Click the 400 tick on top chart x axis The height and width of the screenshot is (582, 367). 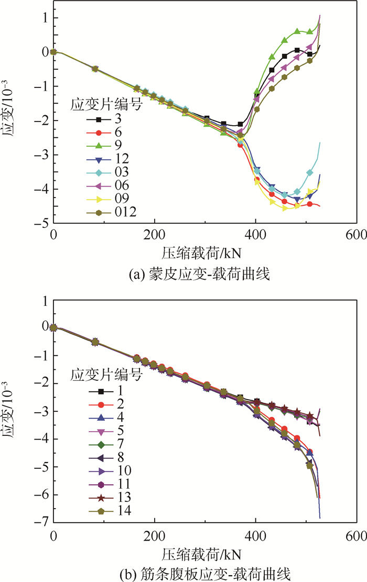255,234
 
